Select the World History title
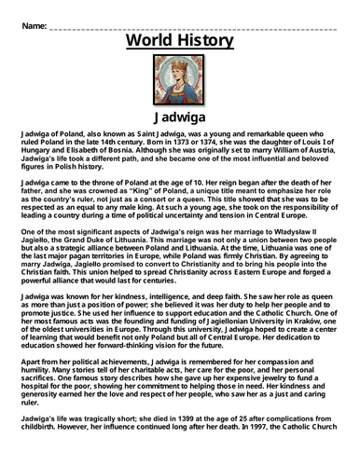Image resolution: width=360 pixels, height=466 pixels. click(180, 42)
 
